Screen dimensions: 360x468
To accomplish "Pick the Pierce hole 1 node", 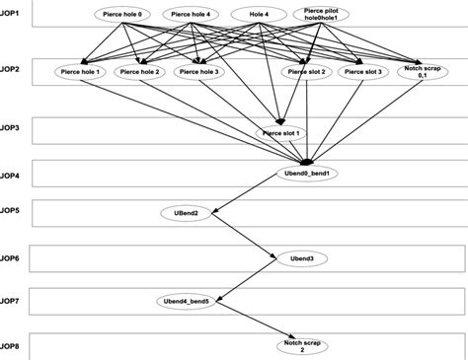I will click(x=80, y=72).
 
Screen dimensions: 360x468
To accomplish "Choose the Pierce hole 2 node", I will click(x=137, y=72).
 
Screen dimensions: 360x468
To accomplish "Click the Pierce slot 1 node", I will click(x=279, y=132).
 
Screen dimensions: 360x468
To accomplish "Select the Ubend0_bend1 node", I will click(x=308, y=173).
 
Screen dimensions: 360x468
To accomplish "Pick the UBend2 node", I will click(x=189, y=213).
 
